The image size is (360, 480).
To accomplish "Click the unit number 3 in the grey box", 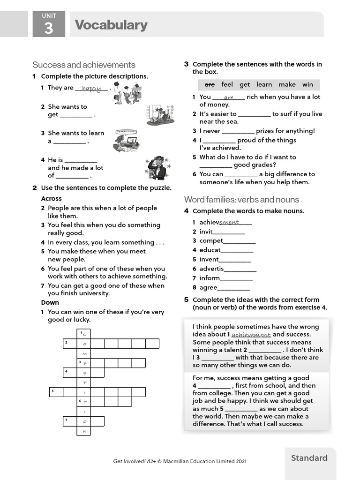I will coord(49,29).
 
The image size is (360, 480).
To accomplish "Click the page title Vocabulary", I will coord(111,25).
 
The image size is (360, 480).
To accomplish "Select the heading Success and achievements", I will coord(84,65).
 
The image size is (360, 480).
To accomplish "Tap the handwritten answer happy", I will coord(91,88).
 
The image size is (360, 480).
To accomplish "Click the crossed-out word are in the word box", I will coord(210,84).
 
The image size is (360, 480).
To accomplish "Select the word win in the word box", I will coord(307,84).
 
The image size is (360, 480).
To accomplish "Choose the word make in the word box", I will coord(287,84).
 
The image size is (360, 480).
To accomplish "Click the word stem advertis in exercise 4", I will coord(211,269).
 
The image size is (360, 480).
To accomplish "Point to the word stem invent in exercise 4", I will coord(209,259).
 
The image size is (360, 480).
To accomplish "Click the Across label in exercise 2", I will coord(51,198).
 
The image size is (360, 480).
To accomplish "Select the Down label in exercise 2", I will coord(50,302).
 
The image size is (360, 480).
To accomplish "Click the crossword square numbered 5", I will coord(56,392).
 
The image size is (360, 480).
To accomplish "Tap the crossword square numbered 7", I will coord(70,421).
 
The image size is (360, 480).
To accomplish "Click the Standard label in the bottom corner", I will coord(309,458).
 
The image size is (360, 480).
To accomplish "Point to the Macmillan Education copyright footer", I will coord(180,461).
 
